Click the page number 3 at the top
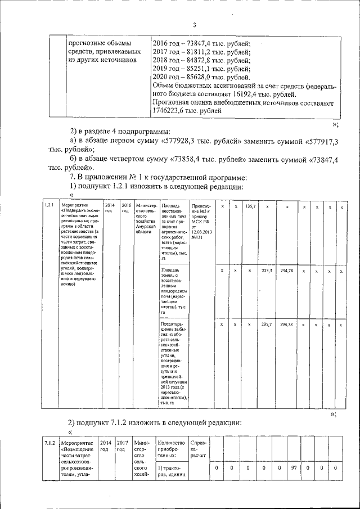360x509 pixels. [194, 25]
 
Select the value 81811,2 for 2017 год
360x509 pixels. [199, 51]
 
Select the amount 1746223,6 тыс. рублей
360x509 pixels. [172, 111]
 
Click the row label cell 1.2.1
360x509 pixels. [49, 206]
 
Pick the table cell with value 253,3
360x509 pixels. [267, 271]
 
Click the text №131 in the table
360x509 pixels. [197, 237]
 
